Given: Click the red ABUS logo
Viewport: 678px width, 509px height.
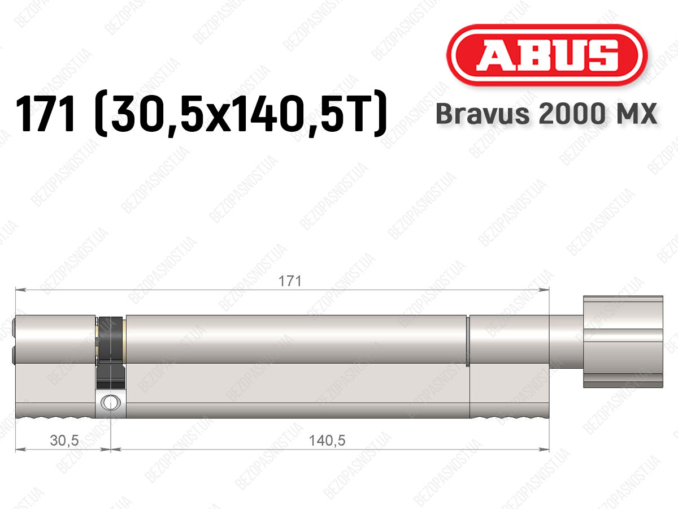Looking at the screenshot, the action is (x=547, y=55).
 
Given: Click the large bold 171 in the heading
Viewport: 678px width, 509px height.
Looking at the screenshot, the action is (x=45, y=113).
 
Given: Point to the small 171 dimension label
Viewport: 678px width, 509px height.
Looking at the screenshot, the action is (x=290, y=281).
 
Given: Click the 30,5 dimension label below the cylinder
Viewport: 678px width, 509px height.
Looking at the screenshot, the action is (x=64, y=441).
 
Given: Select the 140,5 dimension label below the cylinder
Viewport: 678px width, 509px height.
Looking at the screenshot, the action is (x=327, y=441).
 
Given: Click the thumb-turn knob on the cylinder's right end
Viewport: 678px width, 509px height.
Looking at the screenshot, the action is (x=623, y=342).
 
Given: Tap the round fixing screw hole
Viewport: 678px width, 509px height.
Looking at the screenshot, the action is (x=109, y=402).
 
